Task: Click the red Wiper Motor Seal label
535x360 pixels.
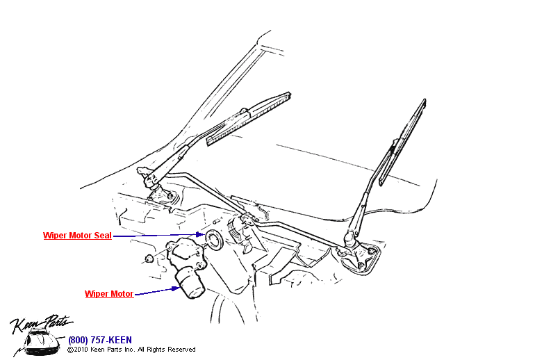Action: [x=77, y=236]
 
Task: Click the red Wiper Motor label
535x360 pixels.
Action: [x=109, y=294]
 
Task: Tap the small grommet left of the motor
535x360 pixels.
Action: [x=147, y=260]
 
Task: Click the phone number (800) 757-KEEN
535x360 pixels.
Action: [x=99, y=340]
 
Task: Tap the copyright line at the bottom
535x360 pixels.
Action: [x=131, y=350]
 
